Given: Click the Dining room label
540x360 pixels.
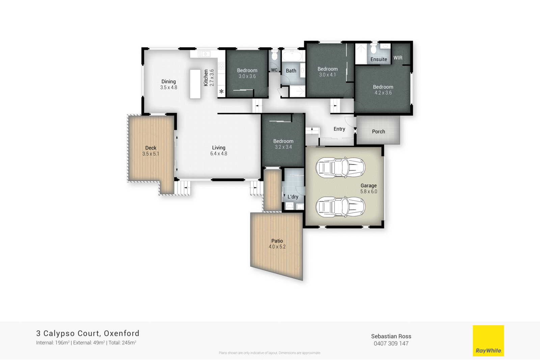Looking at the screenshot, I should (168, 84).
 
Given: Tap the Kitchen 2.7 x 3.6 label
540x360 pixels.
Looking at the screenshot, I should (209, 78).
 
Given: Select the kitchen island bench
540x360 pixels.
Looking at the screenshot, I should (195, 84).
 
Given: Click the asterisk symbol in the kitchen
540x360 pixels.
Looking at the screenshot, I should (221, 91).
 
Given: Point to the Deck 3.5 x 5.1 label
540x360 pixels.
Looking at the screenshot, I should (151, 151).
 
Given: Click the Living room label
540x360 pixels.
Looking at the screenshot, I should (219, 150).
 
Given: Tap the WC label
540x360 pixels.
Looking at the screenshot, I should (274, 70).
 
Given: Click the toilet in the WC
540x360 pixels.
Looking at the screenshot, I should (274, 56).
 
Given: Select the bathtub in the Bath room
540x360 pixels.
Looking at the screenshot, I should (292, 56).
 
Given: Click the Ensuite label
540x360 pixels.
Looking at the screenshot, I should (379, 59).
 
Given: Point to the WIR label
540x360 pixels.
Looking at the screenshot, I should (398, 58).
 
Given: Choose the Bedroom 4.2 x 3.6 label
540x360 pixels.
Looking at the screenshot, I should (383, 90).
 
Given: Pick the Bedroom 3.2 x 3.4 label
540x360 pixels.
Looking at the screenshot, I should (283, 144).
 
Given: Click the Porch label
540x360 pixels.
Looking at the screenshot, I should (378, 132).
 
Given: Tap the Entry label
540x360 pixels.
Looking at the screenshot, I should (339, 129).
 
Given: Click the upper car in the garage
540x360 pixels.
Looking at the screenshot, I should (340, 167).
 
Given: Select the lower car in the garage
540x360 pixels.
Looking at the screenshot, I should (340, 207).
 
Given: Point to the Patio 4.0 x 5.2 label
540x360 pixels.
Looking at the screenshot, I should (277, 244).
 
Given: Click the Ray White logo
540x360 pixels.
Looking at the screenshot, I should (488, 340).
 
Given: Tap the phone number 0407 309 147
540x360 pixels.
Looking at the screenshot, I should (391, 343).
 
